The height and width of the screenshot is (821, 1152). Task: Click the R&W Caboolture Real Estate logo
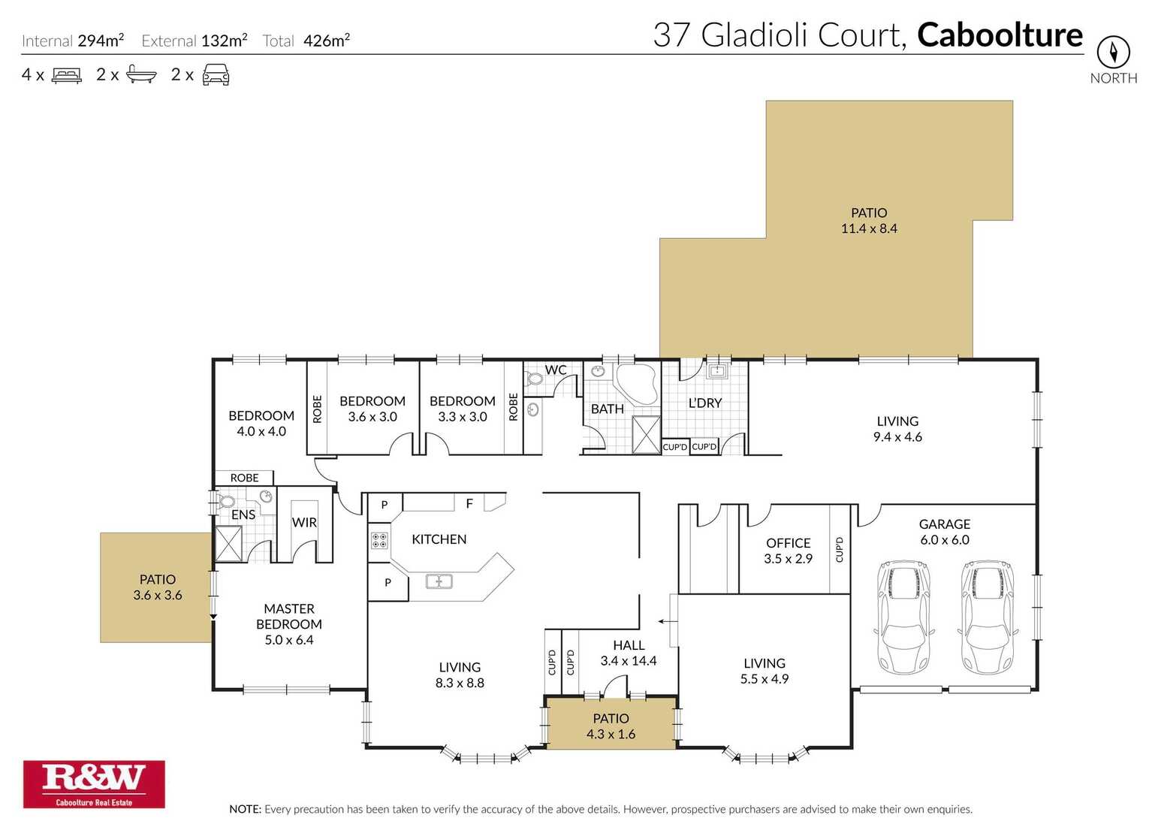click(94, 783)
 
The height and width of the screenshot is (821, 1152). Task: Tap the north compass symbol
click(1113, 53)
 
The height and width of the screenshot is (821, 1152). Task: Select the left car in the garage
click(903, 616)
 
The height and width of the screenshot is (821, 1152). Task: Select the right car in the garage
click(988, 616)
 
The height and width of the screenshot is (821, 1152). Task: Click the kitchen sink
click(439, 581)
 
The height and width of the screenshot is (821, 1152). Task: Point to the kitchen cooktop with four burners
click(379, 540)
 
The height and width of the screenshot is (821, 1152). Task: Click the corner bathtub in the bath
click(636, 384)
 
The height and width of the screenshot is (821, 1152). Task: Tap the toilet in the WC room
click(535, 378)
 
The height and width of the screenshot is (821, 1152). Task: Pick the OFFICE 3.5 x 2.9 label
click(788, 551)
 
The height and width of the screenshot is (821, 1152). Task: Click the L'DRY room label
click(704, 403)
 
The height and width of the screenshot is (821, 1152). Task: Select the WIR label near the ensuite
click(304, 522)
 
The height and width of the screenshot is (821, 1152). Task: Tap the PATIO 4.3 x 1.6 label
click(611, 726)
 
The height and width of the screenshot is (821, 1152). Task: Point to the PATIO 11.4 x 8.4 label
click(869, 221)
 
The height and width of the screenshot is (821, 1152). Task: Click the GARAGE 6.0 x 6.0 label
click(944, 532)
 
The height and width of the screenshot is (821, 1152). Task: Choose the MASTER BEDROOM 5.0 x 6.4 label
click(289, 624)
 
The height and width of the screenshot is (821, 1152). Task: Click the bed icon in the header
click(66, 75)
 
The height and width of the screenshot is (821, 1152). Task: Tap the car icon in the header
click(216, 74)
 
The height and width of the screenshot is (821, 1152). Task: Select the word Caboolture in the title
click(1000, 35)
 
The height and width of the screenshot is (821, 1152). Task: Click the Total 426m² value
click(326, 41)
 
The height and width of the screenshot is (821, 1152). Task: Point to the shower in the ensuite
click(228, 544)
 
